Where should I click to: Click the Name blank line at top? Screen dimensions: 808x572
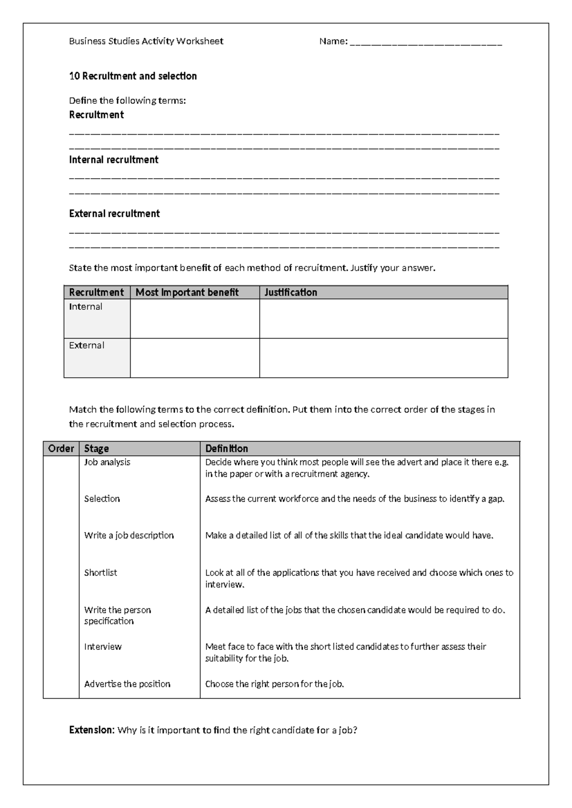pos(426,42)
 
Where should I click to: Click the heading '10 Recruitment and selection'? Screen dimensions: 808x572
pos(133,76)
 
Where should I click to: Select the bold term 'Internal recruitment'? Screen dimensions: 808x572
pos(113,160)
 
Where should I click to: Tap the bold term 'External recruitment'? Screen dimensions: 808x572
pos(114,214)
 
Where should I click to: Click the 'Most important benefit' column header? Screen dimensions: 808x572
pos(187,293)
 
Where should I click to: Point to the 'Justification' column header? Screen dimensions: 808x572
pos(291,293)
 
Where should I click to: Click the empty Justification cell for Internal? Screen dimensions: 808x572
pos(383,318)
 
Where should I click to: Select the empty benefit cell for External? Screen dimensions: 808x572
pos(194,358)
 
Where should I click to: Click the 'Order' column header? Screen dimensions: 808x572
pos(61,449)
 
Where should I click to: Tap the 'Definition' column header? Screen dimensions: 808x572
pos(226,449)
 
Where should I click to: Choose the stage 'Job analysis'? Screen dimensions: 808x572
pos(107,462)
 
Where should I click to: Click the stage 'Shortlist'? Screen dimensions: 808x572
pos(101,573)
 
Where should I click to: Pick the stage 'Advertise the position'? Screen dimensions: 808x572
pos(127,684)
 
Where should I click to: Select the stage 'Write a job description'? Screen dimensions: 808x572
pos(129,535)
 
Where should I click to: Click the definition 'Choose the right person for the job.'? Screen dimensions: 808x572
pos(275,684)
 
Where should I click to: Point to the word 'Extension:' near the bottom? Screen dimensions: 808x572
pos(92,730)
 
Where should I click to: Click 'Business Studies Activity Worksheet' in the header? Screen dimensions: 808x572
pos(146,41)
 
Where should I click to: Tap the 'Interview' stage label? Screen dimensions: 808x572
pos(103,647)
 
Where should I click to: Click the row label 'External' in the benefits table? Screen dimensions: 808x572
pos(86,345)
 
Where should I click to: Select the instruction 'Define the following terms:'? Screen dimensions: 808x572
pos(127,101)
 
